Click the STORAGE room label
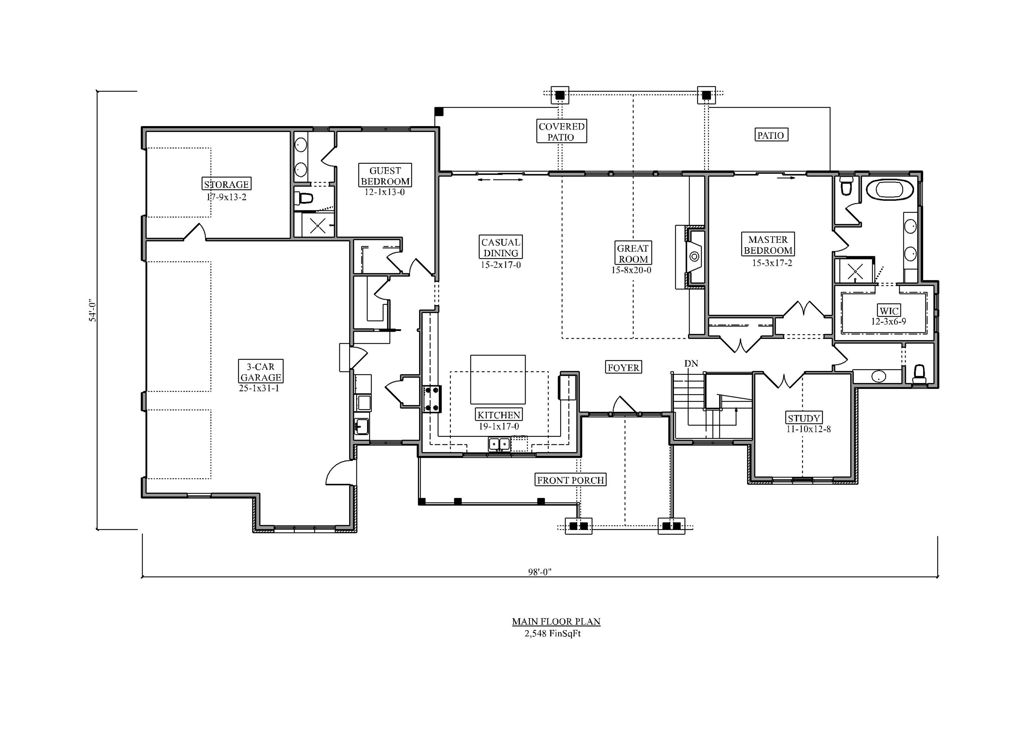[x=226, y=184]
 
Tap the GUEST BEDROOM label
[x=385, y=176]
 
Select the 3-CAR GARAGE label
[x=261, y=372]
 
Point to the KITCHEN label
[x=499, y=415]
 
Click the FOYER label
[x=623, y=367]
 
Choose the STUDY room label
[x=804, y=418]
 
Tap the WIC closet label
[x=889, y=311]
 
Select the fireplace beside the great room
[x=694, y=257]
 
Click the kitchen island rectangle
[x=497, y=379]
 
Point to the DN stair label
[x=691, y=363]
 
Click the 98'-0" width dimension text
[x=539, y=572]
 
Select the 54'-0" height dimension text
[x=92, y=310]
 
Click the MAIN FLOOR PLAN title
[x=556, y=621]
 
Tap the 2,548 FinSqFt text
[x=552, y=634]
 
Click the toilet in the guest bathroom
[x=304, y=198]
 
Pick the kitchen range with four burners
[x=432, y=399]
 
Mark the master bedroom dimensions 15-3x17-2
[x=772, y=263]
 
